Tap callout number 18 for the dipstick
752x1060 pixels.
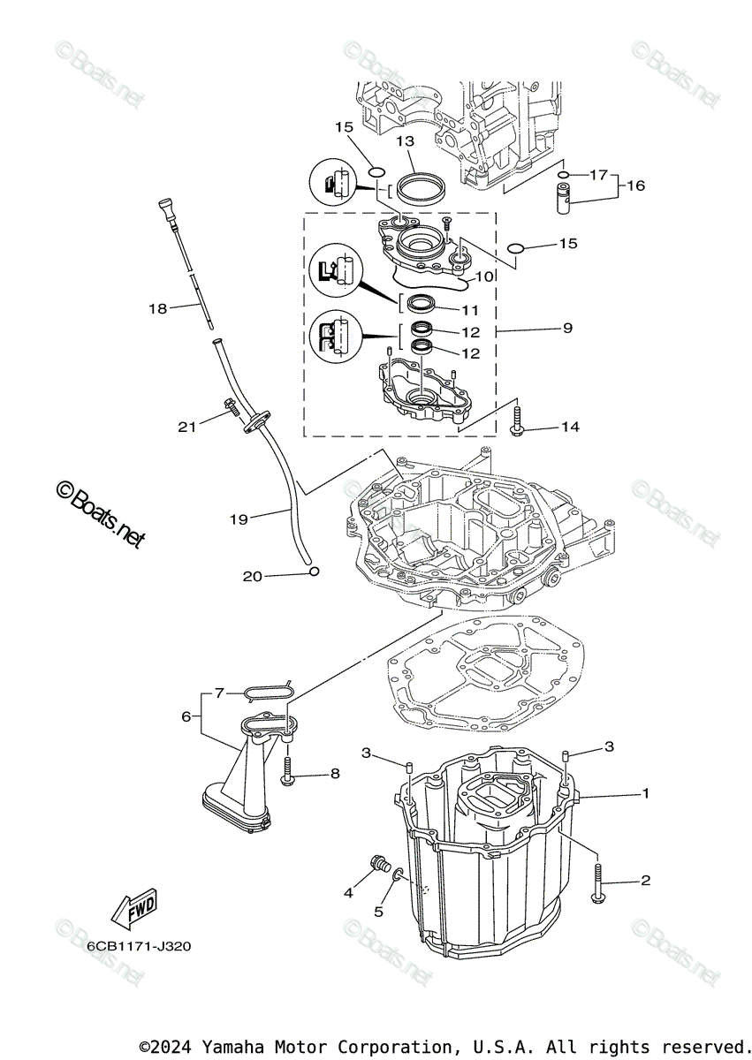(x=157, y=308)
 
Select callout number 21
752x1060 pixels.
(x=186, y=427)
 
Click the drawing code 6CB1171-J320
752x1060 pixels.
(x=139, y=946)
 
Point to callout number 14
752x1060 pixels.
(x=570, y=427)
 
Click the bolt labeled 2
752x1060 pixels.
(x=601, y=884)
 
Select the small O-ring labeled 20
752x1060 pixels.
(x=313, y=572)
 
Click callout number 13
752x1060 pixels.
(x=405, y=141)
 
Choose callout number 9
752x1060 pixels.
(x=566, y=328)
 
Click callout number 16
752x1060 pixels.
(x=636, y=185)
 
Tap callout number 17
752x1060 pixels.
(x=599, y=174)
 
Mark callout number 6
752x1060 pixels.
(x=186, y=716)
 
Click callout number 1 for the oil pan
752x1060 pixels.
(x=645, y=793)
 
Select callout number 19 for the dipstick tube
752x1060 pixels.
(x=239, y=519)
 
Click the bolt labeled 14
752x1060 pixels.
(x=518, y=421)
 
